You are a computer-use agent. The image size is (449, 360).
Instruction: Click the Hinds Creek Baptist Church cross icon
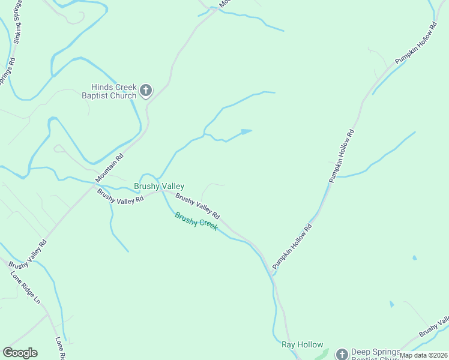click(x=145, y=91)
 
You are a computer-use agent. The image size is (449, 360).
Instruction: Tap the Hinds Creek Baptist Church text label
click(x=114, y=91)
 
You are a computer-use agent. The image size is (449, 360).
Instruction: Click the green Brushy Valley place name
click(x=159, y=187)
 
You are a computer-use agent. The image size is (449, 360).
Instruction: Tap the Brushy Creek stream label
click(x=196, y=222)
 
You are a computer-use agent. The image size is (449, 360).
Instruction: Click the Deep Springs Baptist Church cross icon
click(x=342, y=353)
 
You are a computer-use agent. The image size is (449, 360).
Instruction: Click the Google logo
click(x=20, y=353)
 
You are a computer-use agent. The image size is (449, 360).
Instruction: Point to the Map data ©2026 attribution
click(x=424, y=355)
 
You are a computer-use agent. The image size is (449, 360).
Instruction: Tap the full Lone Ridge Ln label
click(x=25, y=287)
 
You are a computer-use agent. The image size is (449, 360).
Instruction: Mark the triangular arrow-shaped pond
click(x=245, y=131)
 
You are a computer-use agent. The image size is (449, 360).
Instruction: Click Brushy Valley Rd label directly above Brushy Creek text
click(x=198, y=206)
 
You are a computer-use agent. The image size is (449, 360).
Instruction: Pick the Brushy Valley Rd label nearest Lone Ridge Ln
click(x=28, y=254)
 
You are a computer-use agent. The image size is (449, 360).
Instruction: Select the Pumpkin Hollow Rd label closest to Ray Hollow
click(x=292, y=247)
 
